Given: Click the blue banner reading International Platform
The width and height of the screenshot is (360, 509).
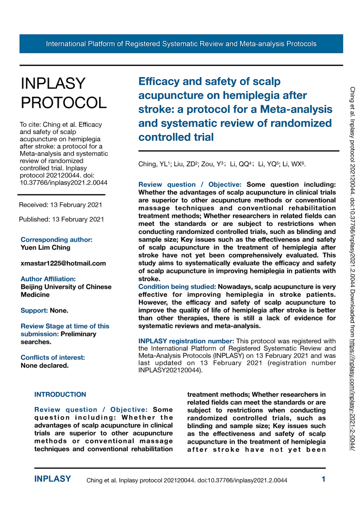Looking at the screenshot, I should coord(181,44).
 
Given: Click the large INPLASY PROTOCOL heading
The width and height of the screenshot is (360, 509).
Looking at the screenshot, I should coord(63,93).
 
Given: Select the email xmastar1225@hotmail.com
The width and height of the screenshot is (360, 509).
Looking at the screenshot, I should coord(63,263).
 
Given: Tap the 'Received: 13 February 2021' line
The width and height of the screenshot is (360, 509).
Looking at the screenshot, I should coord(60,205).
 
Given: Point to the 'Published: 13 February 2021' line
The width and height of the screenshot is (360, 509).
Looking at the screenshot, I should coord(61,219).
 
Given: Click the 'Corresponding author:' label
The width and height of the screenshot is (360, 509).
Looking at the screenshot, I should coord(56,240).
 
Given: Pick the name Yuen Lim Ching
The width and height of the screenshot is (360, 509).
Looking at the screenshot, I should coord(45,248).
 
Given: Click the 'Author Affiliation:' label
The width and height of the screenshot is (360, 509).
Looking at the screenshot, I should coord(48,279).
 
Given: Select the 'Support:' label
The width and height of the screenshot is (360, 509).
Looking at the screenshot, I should coord(34,311).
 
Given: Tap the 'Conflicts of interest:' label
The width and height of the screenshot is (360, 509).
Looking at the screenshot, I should coord(53,358).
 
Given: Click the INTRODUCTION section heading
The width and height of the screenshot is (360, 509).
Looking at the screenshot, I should coord(60,394).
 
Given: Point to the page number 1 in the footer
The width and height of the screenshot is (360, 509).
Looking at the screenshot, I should coord(323,479).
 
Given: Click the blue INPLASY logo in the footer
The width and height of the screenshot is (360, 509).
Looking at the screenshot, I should coord(52,479).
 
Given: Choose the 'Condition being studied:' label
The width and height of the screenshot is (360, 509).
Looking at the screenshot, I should coord(177,287).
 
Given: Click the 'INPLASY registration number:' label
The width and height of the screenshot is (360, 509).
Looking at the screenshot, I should coord(186,341).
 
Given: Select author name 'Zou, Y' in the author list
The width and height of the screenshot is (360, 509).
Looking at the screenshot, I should coord(210,164).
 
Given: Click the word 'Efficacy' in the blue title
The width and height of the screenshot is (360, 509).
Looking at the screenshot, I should coord(159,82).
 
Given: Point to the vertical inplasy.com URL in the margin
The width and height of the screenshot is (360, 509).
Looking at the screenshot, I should coord(352,394).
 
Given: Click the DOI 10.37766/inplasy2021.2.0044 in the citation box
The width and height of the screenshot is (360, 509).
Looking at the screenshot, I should coord(63,183).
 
